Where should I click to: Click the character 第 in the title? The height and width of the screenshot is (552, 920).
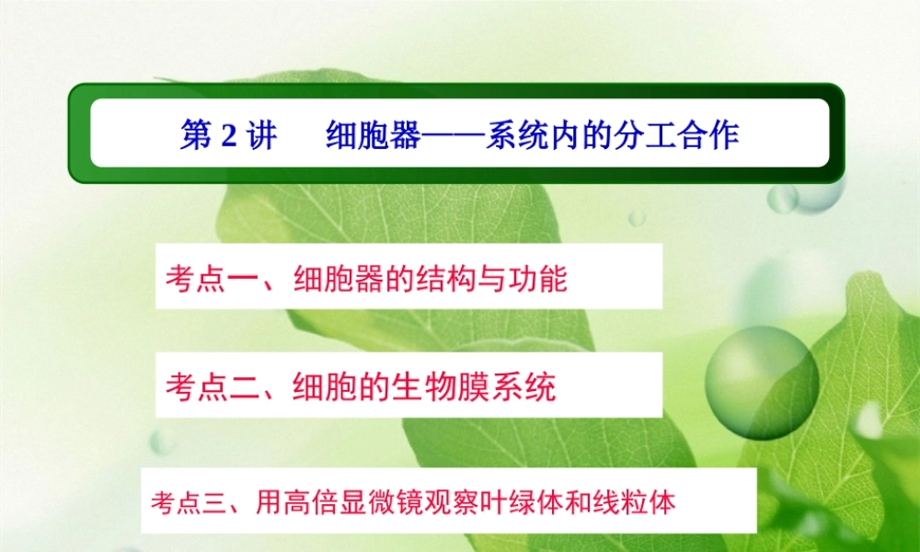(x=195, y=136)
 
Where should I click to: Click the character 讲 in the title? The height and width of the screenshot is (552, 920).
(x=261, y=136)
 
